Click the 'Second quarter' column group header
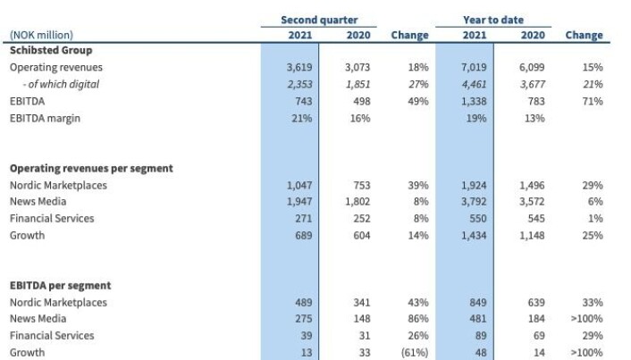pos(319,20)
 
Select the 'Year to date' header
pos(493,20)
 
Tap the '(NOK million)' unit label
pos(41,35)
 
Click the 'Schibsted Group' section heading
pos(51,50)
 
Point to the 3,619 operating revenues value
pos(299,67)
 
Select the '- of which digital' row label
pos(61,84)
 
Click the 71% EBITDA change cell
pos(593,101)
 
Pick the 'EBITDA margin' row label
pos(45,118)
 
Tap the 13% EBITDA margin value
pos(534,118)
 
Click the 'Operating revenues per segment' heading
pos(91,168)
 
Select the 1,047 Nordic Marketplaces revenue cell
pos(299,185)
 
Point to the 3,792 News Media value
pos(474,202)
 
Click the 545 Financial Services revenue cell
pos(536,219)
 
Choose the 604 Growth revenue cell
pos(362,235)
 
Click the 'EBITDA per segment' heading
pos(61,286)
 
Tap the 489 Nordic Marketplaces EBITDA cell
pos(303,303)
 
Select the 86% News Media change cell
pos(418,319)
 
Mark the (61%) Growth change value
pos(415,353)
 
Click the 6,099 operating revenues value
pos(532,67)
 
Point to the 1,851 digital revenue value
pos(358,84)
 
